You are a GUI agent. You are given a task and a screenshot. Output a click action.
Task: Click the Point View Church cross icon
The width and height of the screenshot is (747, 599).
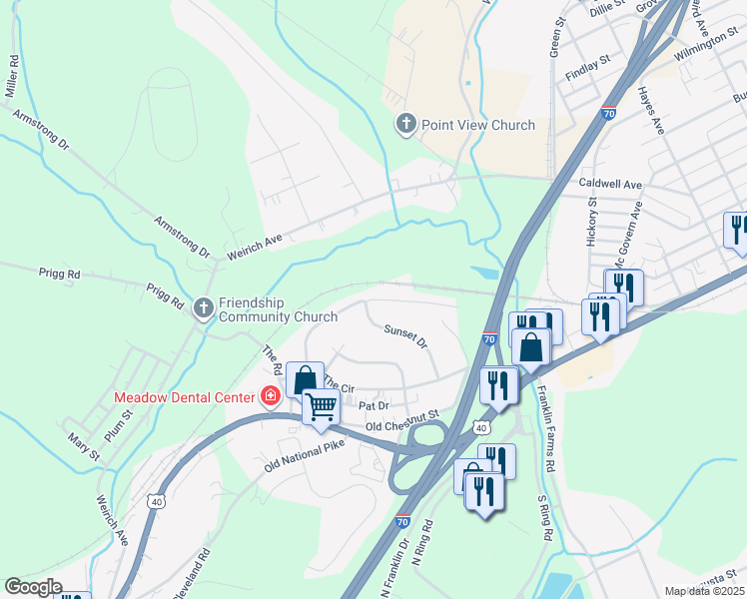tap(405, 125)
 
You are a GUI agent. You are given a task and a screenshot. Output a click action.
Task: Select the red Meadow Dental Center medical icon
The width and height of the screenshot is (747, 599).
tap(269, 396)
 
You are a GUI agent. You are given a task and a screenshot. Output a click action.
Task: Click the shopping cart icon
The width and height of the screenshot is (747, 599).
tap(321, 407)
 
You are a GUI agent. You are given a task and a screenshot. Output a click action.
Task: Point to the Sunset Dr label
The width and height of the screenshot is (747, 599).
tap(405, 335)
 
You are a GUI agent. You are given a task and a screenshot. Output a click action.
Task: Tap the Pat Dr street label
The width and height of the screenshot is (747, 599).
tap(373, 406)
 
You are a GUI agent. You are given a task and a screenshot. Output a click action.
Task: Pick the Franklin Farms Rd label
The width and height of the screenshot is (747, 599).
tap(546, 429)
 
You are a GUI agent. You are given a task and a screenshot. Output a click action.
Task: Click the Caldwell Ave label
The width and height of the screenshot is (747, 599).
tap(610, 185)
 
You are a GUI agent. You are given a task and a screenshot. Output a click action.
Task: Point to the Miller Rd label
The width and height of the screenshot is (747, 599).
tap(12, 75)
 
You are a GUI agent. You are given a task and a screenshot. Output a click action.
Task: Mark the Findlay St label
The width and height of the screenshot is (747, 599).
tap(587, 62)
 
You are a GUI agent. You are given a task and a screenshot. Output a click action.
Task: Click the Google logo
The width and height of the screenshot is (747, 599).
tap(32, 587)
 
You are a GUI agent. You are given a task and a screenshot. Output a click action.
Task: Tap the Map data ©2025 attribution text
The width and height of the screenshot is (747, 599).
tap(703, 591)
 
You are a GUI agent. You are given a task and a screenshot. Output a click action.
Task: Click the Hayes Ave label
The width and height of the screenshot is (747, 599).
tap(650, 110)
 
